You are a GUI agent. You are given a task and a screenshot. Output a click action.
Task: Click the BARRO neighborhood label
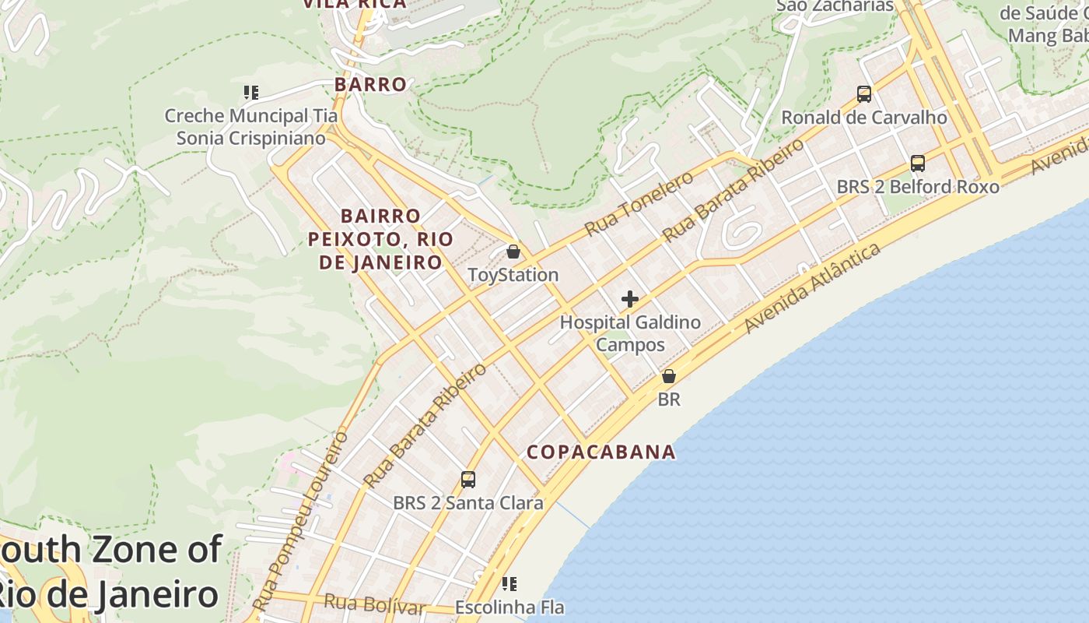point(370,84)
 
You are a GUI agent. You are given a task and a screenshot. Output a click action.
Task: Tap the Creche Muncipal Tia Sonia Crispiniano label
point(250,127)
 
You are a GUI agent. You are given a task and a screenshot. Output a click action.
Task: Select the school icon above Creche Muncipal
point(250,93)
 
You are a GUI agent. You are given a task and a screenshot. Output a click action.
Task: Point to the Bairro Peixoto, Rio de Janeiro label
point(380,239)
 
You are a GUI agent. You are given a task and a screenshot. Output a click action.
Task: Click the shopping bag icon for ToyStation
point(513,252)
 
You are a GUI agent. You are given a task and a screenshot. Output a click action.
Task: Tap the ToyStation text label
point(513,275)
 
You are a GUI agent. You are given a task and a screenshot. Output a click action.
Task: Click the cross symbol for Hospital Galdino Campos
point(630,299)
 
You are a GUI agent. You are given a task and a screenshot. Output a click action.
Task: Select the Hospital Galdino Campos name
point(630,333)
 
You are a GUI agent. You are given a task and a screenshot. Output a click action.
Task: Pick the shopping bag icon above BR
point(668,377)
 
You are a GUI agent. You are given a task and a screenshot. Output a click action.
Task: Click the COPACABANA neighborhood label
point(601,452)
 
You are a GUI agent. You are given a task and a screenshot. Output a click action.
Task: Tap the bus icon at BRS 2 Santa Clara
point(467,480)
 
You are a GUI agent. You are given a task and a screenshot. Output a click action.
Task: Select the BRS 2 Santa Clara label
point(467,503)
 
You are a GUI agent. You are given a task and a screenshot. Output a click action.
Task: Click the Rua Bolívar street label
point(374,604)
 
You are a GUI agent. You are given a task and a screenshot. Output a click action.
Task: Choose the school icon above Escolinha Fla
point(509,584)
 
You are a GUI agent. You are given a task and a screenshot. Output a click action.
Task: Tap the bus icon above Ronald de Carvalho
point(863,94)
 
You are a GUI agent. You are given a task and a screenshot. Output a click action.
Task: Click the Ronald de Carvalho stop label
point(863,118)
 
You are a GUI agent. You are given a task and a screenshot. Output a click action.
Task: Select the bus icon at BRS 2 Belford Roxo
point(918,164)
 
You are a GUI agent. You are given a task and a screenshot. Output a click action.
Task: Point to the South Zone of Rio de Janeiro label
point(109,572)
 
